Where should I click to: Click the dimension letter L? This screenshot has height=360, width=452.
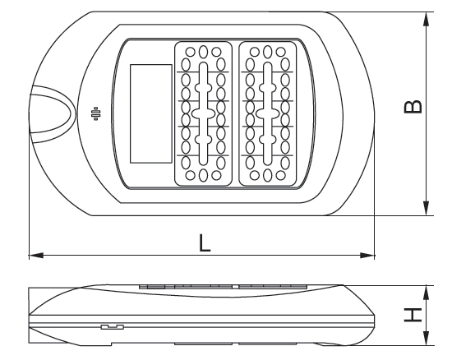(x=205, y=242)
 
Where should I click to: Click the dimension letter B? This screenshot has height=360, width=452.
(x=413, y=107)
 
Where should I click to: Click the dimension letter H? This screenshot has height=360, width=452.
(x=413, y=315)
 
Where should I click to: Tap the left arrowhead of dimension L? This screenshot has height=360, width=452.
(x=36, y=256)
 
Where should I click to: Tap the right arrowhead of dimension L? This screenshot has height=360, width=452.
(x=367, y=256)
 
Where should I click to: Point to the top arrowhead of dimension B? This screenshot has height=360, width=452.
(x=426, y=20)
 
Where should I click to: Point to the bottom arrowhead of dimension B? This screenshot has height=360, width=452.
(x=426, y=208)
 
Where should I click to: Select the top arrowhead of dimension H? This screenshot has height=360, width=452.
(x=426, y=293)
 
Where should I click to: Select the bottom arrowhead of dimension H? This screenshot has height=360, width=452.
(x=426, y=338)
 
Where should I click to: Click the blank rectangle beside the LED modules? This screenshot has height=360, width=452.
(x=151, y=114)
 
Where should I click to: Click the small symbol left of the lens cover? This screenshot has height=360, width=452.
(x=96, y=113)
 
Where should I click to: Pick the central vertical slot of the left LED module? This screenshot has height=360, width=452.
(x=203, y=113)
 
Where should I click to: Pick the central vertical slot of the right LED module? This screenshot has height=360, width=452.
(x=268, y=113)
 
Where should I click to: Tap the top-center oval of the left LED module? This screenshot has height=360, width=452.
(x=203, y=52)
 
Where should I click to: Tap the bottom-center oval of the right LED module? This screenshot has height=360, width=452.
(x=268, y=175)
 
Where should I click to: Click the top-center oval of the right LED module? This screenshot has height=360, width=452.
(x=268, y=52)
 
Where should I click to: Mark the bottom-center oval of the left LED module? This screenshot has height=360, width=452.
(x=203, y=175)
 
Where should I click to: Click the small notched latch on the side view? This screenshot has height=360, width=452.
(x=113, y=327)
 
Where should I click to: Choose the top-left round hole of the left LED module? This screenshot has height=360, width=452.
(x=191, y=52)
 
